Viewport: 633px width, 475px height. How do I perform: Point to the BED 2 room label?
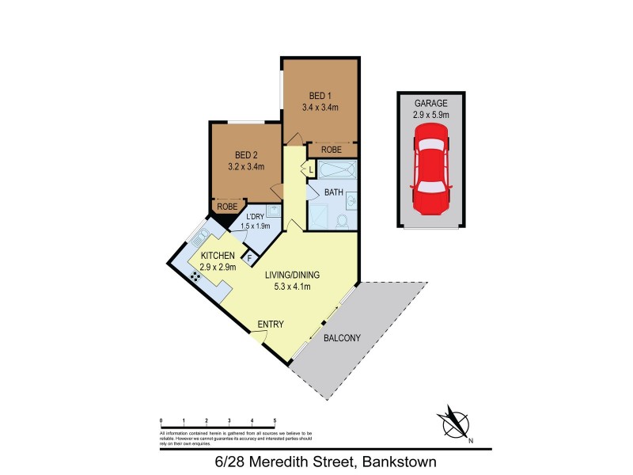(x=246, y=155)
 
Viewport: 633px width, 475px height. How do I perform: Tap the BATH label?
(x=334, y=192)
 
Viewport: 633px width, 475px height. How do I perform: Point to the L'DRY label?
(x=255, y=217)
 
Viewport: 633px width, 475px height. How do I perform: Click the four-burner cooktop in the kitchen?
(x=195, y=276)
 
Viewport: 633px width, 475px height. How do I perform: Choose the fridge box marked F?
(x=250, y=258)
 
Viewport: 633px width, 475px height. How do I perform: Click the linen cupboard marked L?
(x=310, y=169)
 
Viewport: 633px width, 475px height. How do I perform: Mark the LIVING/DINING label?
(x=293, y=275)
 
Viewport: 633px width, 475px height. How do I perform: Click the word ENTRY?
(x=270, y=325)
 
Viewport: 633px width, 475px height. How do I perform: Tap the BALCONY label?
(x=342, y=338)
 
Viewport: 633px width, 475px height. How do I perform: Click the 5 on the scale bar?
(x=275, y=420)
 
